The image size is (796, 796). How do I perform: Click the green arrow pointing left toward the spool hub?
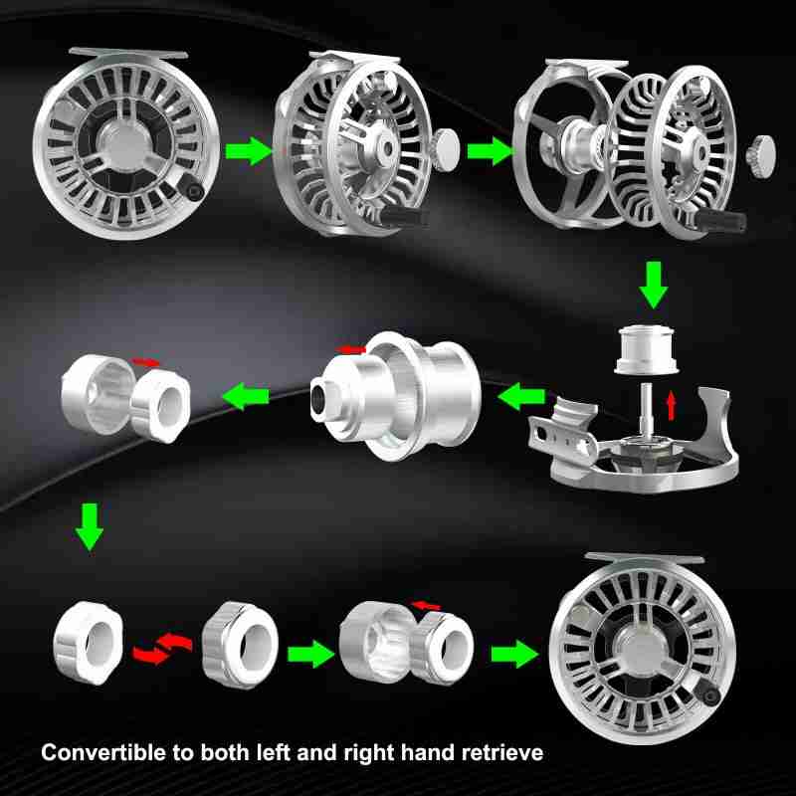(x=516, y=399)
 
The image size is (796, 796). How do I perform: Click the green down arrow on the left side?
(x=90, y=527)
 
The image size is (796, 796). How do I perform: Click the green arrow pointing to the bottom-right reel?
(x=513, y=653)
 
